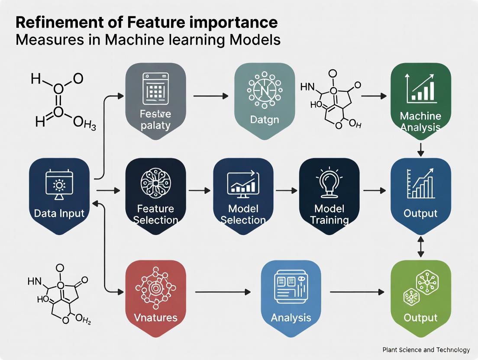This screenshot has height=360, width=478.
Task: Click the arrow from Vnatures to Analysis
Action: [x=223, y=292]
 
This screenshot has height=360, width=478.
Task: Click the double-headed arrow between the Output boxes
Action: [x=420, y=248]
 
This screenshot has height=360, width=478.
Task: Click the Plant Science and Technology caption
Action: [x=426, y=350]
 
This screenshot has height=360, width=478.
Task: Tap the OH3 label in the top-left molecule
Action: [x=84, y=126]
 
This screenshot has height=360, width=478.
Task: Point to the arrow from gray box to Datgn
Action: [x=210, y=95]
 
